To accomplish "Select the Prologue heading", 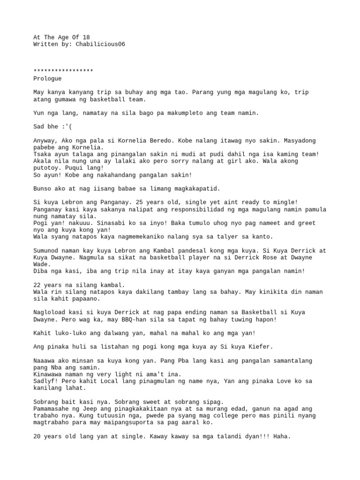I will pyautogui.click(x=47, y=78).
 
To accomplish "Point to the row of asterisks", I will pyautogui.click(x=63, y=71).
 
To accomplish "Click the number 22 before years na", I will pyautogui.click(x=37, y=285).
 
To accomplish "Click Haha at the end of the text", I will pyautogui.click(x=281, y=436).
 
